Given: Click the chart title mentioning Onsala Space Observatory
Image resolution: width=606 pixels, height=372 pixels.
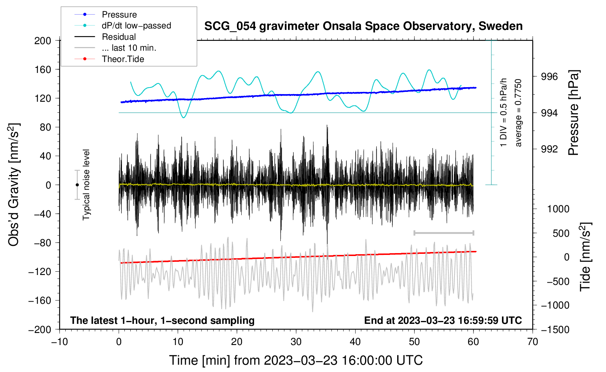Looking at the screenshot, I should [x=363, y=26].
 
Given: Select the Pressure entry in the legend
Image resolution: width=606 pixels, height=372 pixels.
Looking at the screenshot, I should [x=119, y=15].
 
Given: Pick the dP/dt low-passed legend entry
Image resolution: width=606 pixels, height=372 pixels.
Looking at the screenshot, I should [x=136, y=26].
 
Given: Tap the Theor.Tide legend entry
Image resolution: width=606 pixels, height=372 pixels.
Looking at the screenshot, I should [x=123, y=59].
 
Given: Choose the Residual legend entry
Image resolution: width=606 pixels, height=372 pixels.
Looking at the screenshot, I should [x=119, y=37].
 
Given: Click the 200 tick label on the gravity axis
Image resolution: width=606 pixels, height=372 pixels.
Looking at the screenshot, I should [x=43, y=40].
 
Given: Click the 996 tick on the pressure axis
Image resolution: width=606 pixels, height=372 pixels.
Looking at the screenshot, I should [x=549, y=77].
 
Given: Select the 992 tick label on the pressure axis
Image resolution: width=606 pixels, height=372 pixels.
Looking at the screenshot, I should [x=549, y=149].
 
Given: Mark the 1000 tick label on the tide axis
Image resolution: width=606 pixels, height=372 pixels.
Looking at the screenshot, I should [x=558, y=209].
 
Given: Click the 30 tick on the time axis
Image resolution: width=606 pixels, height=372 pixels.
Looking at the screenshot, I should [x=296, y=342].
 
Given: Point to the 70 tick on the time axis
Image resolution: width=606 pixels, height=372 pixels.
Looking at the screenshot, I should [x=533, y=342].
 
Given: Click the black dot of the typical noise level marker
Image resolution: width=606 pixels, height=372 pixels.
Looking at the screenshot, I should [x=77, y=185].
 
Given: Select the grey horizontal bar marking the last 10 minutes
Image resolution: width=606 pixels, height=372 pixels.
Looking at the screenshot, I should [x=444, y=233].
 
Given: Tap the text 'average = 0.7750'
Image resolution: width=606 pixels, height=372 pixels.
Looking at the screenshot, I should [x=518, y=113].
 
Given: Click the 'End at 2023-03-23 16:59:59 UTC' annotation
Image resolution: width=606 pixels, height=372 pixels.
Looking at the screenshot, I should [x=443, y=320].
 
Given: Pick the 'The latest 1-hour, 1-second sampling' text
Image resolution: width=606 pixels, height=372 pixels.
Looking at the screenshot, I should [x=162, y=320].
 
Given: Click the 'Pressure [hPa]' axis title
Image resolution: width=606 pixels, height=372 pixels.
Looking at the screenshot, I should [x=574, y=113].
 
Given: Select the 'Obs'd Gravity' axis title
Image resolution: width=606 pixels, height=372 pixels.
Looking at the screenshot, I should [x=14, y=185].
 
